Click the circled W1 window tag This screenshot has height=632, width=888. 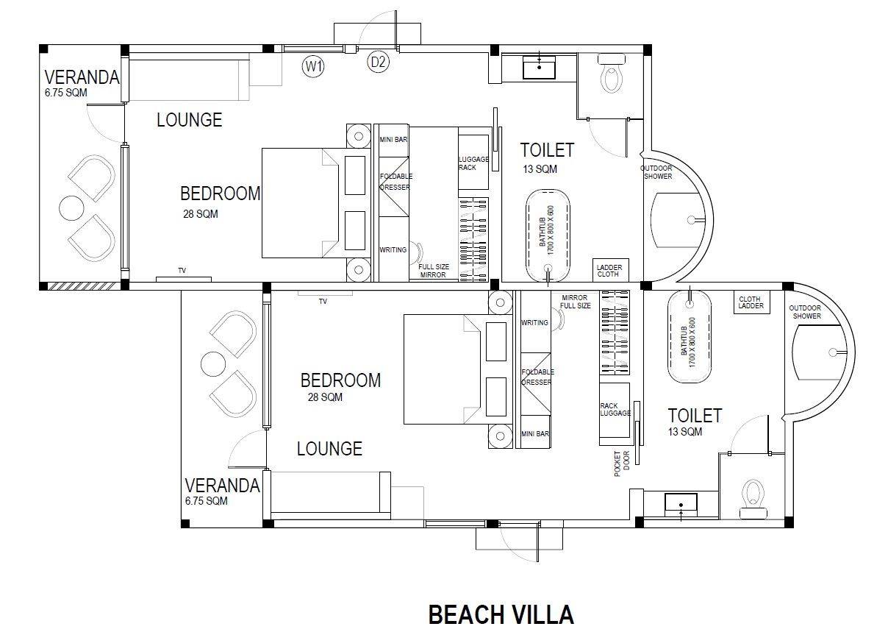[314, 67]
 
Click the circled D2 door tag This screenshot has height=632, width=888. [379, 63]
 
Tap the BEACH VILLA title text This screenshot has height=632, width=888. [501, 614]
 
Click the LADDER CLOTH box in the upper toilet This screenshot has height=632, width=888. [609, 271]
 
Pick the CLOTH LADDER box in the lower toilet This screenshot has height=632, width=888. [751, 302]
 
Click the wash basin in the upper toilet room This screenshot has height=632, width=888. [540, 68]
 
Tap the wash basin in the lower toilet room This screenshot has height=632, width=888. [681, 504]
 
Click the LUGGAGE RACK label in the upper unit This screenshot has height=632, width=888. [473, 163]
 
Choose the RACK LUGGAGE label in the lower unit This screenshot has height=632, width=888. [615, 409]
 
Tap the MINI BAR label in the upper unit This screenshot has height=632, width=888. [393, 139]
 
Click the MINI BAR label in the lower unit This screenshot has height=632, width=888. [535, 434]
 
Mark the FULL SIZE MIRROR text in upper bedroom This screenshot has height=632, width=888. [434, 271]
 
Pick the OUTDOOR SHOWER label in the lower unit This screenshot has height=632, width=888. [805, 312]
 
